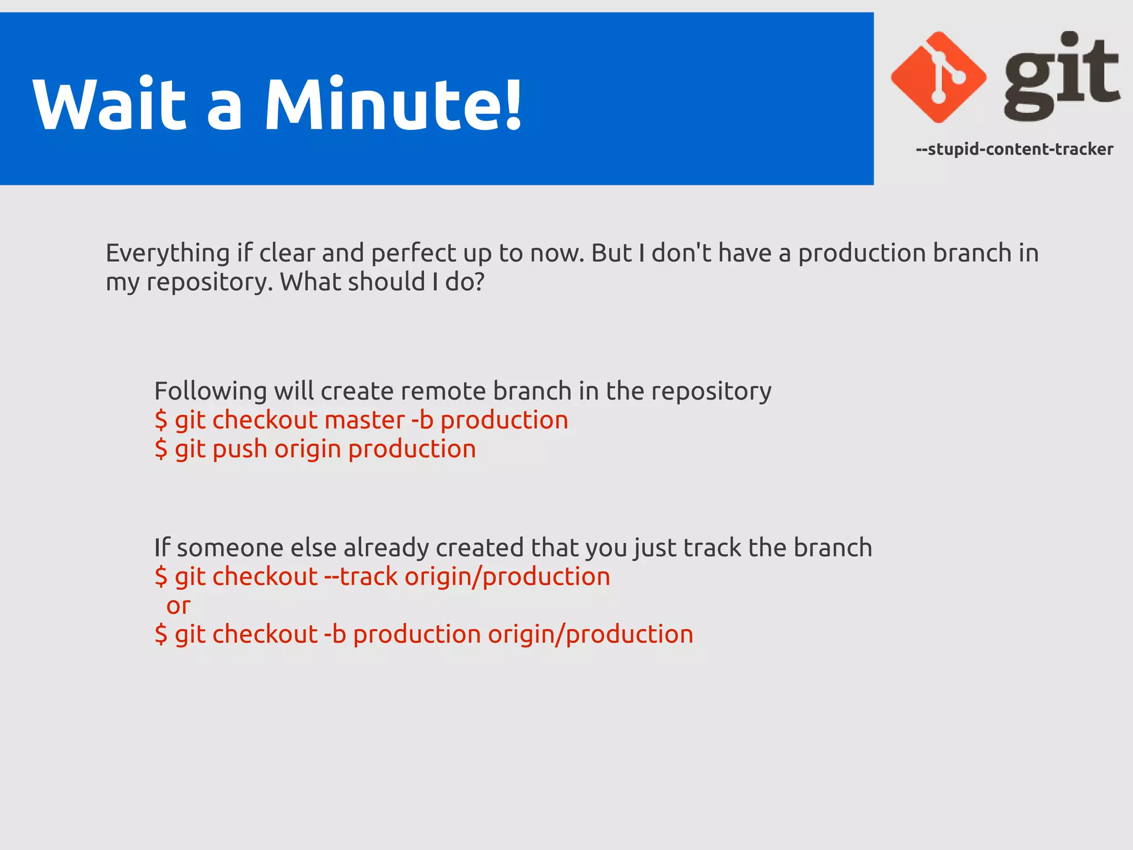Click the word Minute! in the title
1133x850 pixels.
(x=393, y=104)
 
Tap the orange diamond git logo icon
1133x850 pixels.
(x=938, y=77)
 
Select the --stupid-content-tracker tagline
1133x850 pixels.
(x=1014, y=149)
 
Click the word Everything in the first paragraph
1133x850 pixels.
(x=168, y=253)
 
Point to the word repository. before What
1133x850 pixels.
(x=209, y=283)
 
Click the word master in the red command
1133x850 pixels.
(x=365, y=420)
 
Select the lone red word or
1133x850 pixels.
(x=178, y=606)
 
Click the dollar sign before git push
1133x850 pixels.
(x=161, y=449)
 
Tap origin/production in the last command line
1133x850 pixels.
(x=590, y=635)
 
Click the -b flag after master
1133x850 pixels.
(x=422, y=420)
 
